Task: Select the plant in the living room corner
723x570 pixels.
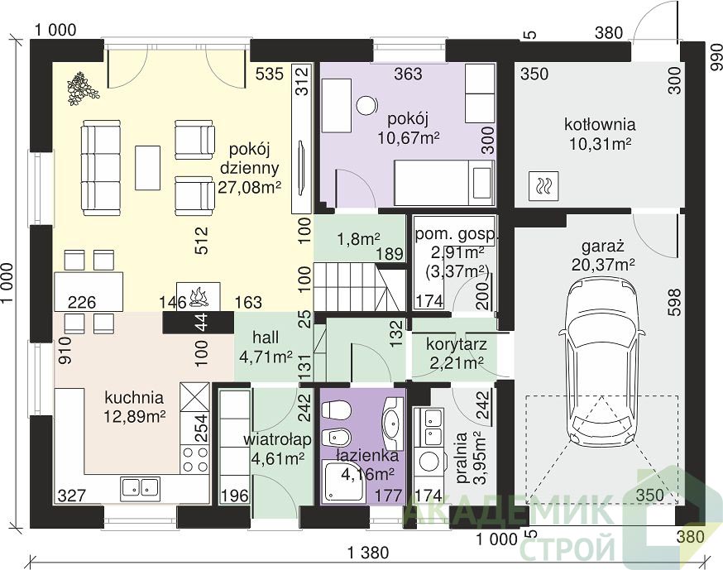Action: pos(83,88)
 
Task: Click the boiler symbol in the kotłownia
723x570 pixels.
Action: pos(544,186)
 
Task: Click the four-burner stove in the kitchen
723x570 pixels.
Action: pos(195,460)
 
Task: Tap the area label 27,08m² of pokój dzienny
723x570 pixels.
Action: pos(250,187)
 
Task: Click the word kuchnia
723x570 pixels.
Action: pos(134,397)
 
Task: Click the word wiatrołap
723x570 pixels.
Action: pos(277,439)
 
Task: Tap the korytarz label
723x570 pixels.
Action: pos(456,344)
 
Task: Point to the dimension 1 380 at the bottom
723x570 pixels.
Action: pos(368,552)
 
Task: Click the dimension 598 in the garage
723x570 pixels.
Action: pos(673,303)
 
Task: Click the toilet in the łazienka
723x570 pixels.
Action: pos(337,410)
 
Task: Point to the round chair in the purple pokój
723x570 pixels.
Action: pos(366,105)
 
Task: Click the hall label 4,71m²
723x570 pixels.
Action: pos(266,356)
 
